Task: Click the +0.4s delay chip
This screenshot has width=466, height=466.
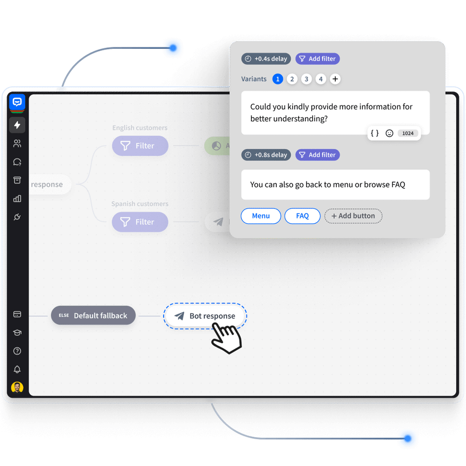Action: pyautogui.click(x=266, y=59)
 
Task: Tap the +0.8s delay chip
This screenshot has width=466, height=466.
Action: pyautogui.click(x=266, y=155)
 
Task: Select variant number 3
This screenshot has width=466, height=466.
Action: pyautogui.click(x=307, y=79)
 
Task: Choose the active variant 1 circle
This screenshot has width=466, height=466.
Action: pyautogui.click(x=278, y=79)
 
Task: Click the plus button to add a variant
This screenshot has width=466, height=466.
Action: pyautogui.click(x=335, y=79)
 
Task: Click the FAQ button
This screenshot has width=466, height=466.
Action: pyautogui.click(x=302, y=216)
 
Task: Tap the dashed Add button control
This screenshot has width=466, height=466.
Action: pyautogui.click(x=353, y=216)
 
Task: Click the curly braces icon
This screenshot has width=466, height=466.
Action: pyautogui.click(x=375, y=133)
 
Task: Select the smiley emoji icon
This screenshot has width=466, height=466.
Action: pyautogui.click(x=389, y=133)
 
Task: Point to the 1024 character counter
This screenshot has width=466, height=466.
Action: pyautogui.click(x=408, y=133)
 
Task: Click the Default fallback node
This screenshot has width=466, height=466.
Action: pyautogui.click(x=93, y=315)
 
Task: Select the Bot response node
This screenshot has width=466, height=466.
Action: pyautogui.click(x=205, y=316)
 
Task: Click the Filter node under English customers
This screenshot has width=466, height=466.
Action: pyautogui.click(x=140, y=146)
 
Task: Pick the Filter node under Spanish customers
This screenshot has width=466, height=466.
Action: pyautogui.click(x=140, y=222)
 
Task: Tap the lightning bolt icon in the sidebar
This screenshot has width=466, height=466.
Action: pyautogui.click(x=17, y=125)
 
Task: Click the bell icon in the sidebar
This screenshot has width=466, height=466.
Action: pyautogui.click(x=17, y=369)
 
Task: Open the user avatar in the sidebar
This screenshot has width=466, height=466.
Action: pyautogui.click(x=17, y=387)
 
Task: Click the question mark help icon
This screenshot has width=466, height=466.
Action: pyautogui.click(x=17, y=351)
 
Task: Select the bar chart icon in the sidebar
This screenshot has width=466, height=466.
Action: pyautogui.click(x=17, y=199)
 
